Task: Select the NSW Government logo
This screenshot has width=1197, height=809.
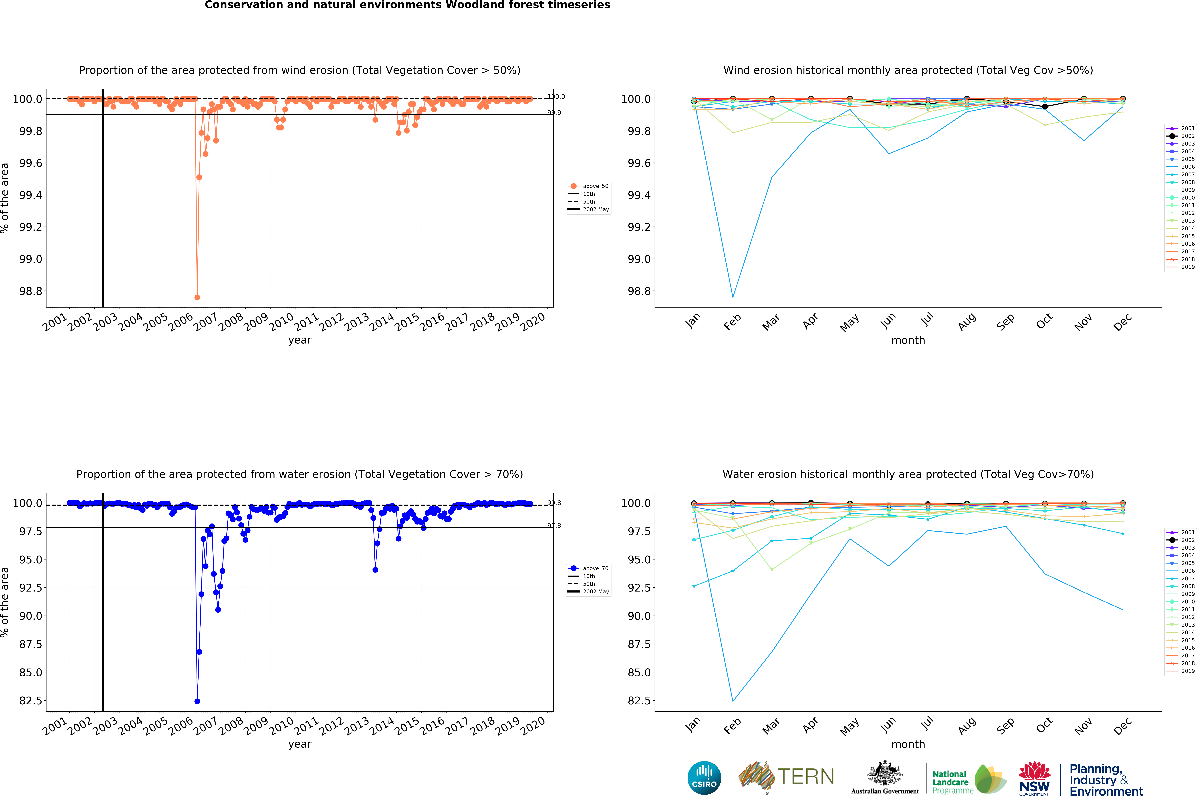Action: pos(1034,778)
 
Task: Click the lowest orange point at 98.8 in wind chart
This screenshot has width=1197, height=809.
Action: pos(197,297)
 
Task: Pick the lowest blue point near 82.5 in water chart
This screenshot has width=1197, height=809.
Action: pos(197,701)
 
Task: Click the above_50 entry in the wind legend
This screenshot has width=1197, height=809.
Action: pos(595,186)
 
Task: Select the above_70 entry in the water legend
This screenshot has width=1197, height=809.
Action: pos(595,568)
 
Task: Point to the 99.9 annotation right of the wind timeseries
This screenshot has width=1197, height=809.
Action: pos(554,112)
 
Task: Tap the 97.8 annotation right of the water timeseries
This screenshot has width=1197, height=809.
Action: pos(554,526)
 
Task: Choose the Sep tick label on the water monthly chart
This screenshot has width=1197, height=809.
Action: pos(1005,726)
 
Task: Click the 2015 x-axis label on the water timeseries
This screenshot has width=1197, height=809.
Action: pos(407,726)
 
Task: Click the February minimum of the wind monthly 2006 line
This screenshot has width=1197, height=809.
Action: pos(733,297)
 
